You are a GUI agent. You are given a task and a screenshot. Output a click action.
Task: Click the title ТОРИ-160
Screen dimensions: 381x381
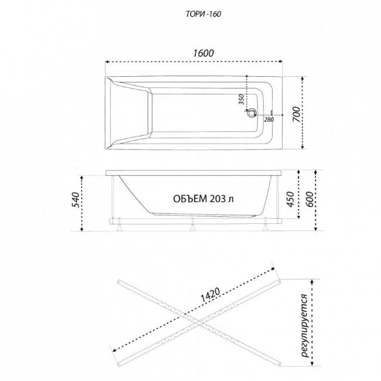(x=203, y=14)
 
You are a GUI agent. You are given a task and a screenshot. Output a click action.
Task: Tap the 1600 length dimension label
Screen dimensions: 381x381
(x=203, y=53)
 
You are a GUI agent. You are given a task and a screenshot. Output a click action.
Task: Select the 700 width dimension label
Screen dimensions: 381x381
(x=296, y=114)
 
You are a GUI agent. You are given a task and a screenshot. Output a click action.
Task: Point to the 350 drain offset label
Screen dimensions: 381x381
(x=241, y=99)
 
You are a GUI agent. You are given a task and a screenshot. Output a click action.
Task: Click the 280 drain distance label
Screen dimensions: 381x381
(x=269, y=120)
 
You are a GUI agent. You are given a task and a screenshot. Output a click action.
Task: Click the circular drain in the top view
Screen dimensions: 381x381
(x=251, y=113)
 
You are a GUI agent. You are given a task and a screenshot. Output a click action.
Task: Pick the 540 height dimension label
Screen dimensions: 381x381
(x=77, y=200)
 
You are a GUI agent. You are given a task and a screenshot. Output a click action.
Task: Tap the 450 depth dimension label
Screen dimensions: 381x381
(x=290, y=199)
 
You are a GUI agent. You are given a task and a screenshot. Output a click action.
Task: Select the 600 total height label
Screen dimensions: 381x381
(x=309, y=199)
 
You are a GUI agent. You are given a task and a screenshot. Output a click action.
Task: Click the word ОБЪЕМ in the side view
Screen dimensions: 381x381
(x=190, y=199)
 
